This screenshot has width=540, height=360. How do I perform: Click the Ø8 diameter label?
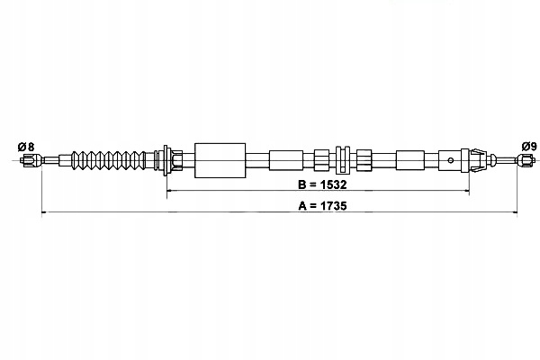pos(25,146)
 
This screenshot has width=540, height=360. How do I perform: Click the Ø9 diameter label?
pos(529,146)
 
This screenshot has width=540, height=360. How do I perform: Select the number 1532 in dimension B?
pos(330,184)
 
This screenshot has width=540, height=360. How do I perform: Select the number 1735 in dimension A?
pos(329,206)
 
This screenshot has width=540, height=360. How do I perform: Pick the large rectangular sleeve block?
pos(220,161)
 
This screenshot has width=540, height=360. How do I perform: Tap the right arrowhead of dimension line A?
pos(516,213)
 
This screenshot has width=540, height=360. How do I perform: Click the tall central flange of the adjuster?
pos(343,161)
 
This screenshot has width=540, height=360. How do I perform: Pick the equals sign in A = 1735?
pos(310,206)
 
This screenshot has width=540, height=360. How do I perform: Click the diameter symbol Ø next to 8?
pos(21,146)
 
